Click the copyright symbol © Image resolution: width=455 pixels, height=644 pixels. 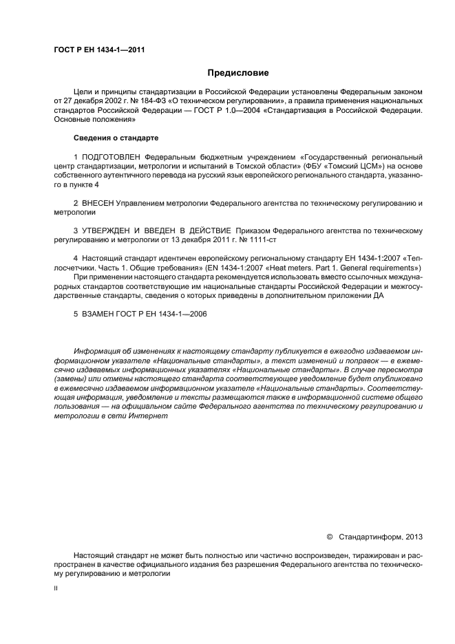pyautogui.click(x=328, y=535)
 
